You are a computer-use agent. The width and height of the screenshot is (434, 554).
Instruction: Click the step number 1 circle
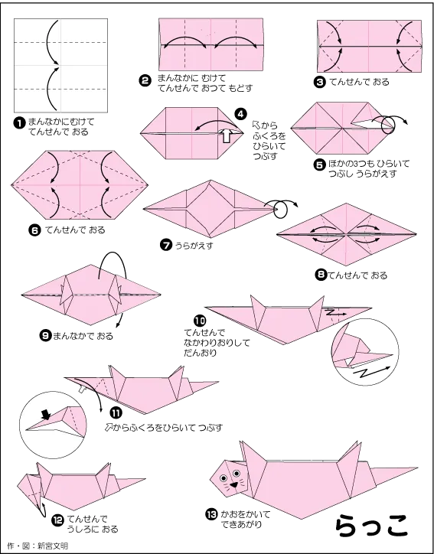pos(19,123)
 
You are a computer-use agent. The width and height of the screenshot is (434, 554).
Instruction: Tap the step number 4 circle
pos(240,114)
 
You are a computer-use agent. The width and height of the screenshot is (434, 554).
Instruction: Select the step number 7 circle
pos(166,245)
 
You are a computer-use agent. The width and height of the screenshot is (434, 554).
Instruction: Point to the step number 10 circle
pos(200,321)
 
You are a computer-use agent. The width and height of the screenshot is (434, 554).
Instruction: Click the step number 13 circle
pos(211,514)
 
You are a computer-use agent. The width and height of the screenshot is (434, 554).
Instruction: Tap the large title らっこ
pos(371,526)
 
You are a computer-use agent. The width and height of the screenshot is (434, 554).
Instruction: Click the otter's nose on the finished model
pos(234,485)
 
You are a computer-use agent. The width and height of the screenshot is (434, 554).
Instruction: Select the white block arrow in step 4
pos(227,135)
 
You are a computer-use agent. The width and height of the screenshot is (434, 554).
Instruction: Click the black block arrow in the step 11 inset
pos(46,415)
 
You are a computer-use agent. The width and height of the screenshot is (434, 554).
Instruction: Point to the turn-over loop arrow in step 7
pos(282,208)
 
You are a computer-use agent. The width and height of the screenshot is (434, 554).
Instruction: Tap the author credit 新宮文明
pos(53,546)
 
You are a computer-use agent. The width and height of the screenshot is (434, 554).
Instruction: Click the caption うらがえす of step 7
pos(194,245)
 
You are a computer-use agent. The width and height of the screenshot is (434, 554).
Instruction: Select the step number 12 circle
pos(57,520)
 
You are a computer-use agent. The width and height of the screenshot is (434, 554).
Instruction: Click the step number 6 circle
pos(34,231)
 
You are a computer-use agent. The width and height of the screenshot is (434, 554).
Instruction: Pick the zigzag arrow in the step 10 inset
pos(371,372)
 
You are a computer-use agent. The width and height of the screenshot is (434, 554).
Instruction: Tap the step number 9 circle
pos(45,335)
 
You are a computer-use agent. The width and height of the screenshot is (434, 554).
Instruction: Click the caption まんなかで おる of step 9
pos(83,336)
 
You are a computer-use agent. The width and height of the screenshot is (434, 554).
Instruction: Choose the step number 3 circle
pos(319,83)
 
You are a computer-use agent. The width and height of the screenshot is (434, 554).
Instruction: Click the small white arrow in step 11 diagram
pos(83,389)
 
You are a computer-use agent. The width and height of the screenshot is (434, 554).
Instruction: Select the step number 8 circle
pos(321,275)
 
